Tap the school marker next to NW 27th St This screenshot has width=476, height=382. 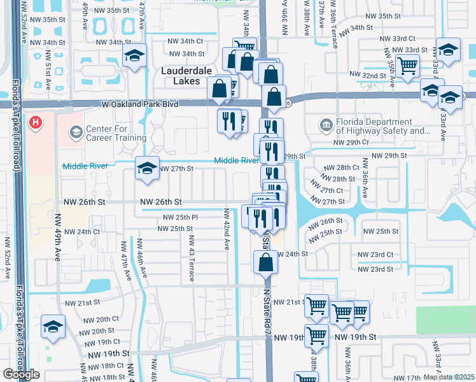147,169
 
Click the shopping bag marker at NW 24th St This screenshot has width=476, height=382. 265,262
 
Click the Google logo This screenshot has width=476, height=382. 21,374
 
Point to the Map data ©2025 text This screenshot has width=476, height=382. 449,377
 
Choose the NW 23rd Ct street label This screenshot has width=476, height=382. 375,254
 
